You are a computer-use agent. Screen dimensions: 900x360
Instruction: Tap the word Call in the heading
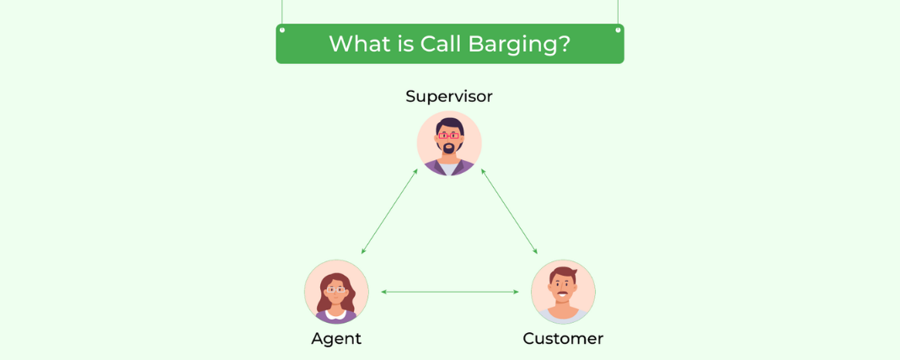coord(442,44)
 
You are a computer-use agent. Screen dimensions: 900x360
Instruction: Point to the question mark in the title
coord(563,44)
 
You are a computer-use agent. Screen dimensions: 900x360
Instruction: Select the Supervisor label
coord(449,96)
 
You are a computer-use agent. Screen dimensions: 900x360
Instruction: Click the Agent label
coord(336,339)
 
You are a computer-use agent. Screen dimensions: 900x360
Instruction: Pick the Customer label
coord(563,339)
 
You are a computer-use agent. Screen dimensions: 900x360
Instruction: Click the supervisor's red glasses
coord(449,136)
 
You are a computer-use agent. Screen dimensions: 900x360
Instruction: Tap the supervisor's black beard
coord(449,148)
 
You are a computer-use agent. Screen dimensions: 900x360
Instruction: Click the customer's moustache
coord(563,294)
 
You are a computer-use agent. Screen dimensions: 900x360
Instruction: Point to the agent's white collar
coord(335,314)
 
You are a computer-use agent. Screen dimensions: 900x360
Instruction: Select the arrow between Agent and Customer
coord(449,293)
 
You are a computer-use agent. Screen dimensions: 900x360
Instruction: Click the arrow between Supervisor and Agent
coord(389,212)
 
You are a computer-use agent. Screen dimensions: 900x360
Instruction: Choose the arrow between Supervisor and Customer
coord(509,212)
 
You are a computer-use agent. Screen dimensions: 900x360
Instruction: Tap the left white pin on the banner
coord(281,30)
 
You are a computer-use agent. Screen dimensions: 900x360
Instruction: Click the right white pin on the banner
coord(619,30)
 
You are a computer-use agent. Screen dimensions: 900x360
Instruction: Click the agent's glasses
coord(335,289)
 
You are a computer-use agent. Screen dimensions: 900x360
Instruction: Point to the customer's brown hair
coord(563,274)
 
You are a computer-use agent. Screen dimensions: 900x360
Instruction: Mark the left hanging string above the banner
coord(281,13)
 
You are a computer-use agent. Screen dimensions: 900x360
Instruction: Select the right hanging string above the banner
coord(619,13)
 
